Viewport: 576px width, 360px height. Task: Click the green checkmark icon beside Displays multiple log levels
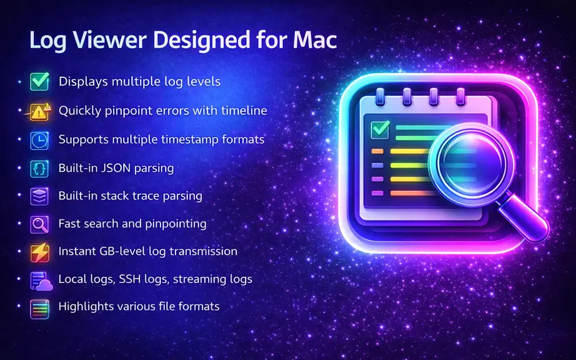coord(40,81)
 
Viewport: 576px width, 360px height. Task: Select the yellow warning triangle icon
coord(38,111)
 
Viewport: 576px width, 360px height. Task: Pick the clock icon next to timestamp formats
coord(39,141)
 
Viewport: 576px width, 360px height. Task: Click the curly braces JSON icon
coord(39,169)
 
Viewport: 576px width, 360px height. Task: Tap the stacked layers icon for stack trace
coord(39,196)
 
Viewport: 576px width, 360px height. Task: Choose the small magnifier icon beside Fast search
coord(39,224)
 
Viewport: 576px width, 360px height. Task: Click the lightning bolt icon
coord(39,252)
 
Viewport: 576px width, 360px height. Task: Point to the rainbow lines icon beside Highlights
coord(39,309)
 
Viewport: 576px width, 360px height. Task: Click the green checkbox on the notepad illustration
coord(380,129)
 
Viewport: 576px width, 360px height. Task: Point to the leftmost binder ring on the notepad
coord(380,97)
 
